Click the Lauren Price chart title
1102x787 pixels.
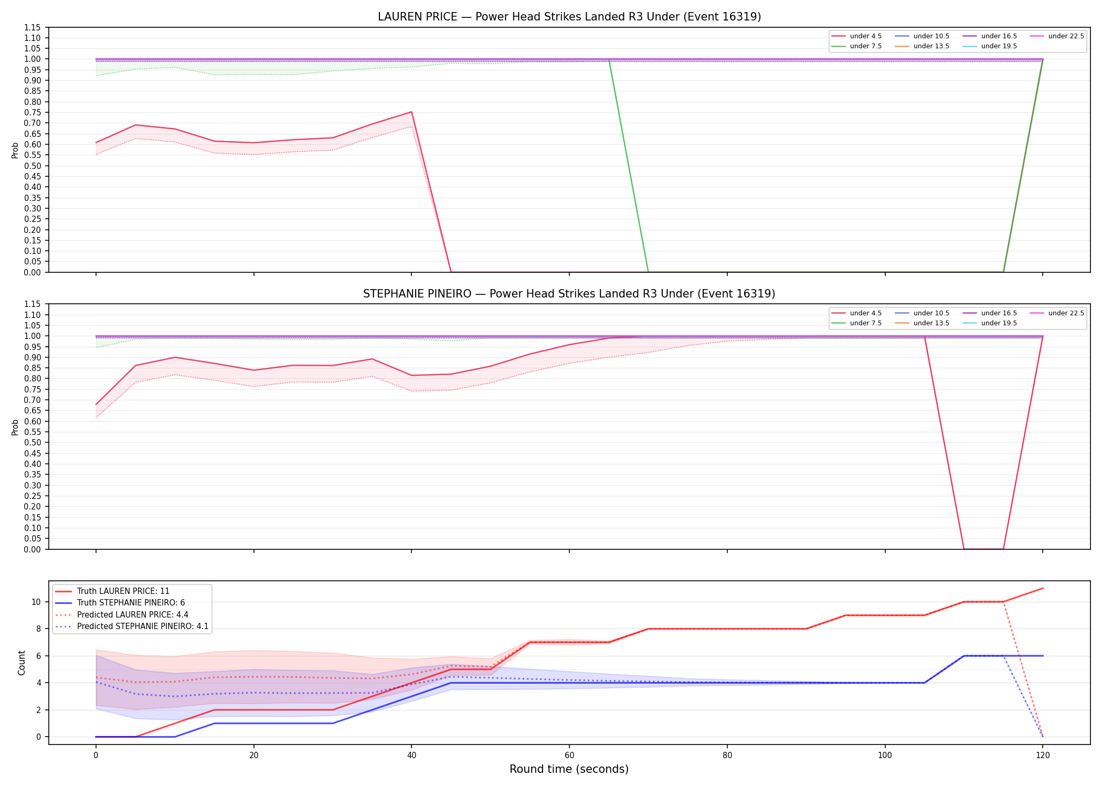[x=569, y=17]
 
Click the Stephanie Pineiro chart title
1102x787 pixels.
[x=569, y=294]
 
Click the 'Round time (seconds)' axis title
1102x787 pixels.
[x=569, y=769]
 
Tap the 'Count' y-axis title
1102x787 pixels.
[x=22, y=663]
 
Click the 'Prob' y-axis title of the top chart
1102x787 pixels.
[x=15, y=151]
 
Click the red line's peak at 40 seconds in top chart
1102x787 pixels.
[x=411, y=112]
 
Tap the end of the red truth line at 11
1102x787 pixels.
[x=1043, y=588]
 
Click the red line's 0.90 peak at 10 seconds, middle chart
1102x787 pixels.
[x=175, y=357]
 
